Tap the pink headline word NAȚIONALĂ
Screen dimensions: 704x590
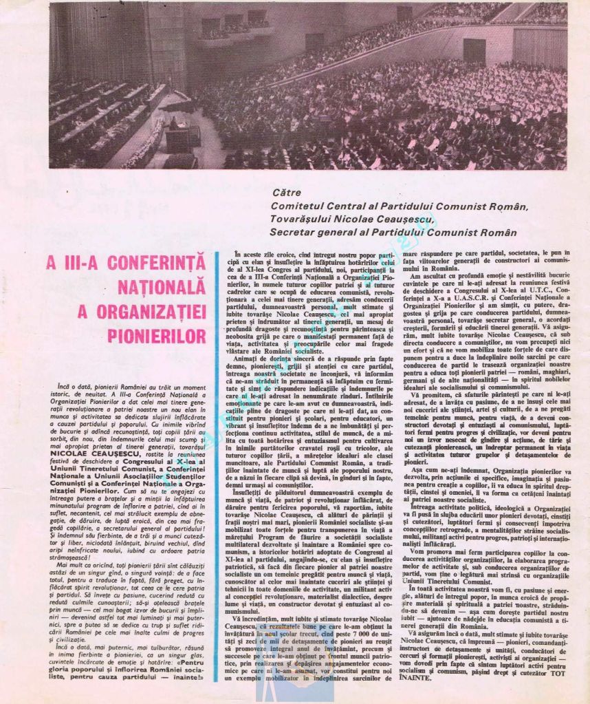(166, 287)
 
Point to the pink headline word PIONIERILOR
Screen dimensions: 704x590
(157, 336)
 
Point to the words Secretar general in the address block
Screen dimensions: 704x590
(313, 233)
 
